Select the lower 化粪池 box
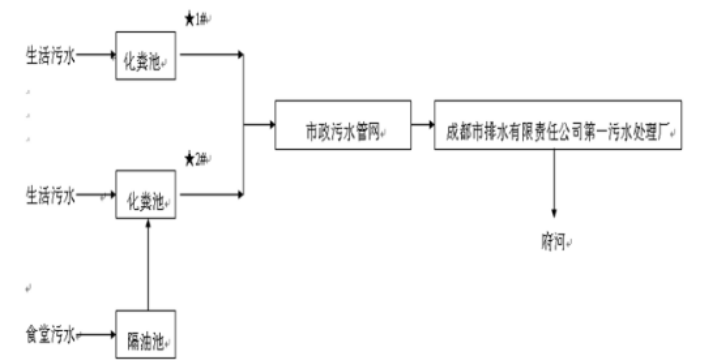(x=147, y=194)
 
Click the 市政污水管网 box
(x=344, y=126)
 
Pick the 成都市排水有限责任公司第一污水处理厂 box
(x=558, y=126)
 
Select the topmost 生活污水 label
(x=50, y=56)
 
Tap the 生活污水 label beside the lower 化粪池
(x=50, y=194)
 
